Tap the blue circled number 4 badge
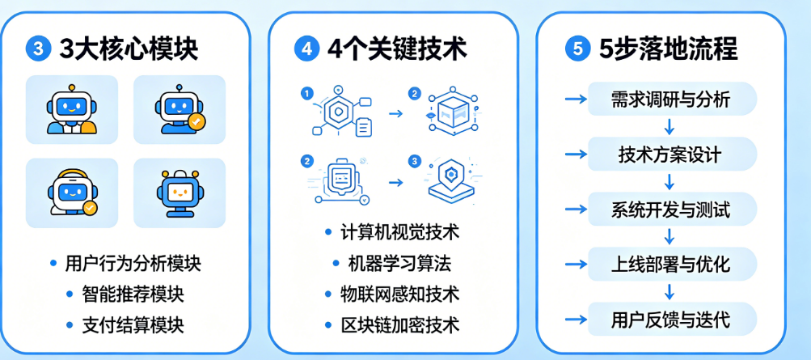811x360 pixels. [x=306, y=49]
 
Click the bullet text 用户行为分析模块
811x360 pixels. [x=133, y=263]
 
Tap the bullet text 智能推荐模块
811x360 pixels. [x=133, y=294]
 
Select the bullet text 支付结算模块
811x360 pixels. [x=133, y=325]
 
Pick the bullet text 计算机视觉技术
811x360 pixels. [x=399, y=232]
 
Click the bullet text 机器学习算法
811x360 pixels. [x=399, y=263]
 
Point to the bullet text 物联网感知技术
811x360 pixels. [x=399, y=294]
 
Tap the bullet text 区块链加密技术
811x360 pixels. [x=399, y=325]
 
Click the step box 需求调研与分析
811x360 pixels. [x=671, y=100]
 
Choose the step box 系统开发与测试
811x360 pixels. [x=671, y=210]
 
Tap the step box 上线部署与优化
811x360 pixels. [x=671, y=265]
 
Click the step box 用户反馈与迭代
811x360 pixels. [x=671, y=320]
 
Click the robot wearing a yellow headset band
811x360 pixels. [x=71, y=192]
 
